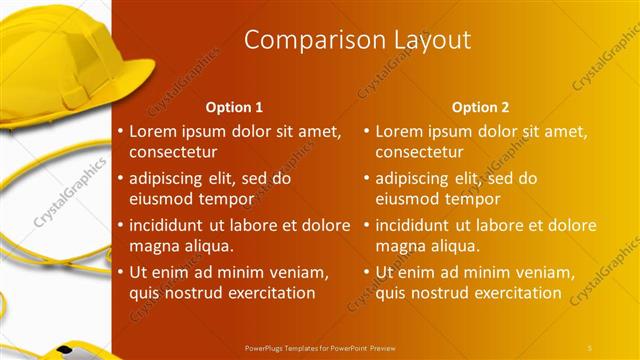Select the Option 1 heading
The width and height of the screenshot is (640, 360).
coord(235,106)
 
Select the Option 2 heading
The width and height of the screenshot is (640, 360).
coord(481,106)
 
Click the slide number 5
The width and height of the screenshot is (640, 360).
coord(590,346)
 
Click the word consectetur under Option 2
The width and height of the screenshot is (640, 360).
coord(419,153)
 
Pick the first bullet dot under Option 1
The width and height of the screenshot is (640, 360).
coord(121,131)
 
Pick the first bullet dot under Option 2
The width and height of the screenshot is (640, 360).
coord(367,131)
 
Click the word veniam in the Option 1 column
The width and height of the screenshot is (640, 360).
coord(296,271)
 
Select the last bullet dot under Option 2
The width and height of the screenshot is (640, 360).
coord(367,271)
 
